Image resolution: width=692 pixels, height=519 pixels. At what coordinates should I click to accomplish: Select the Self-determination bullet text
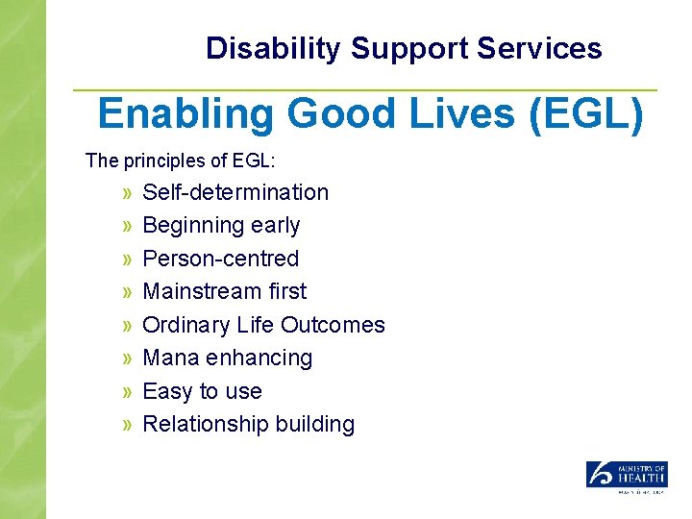point(235,192)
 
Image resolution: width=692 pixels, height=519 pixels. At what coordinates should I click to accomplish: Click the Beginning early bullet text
point(221,226)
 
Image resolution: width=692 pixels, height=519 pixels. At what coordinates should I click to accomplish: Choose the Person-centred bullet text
point(220,259)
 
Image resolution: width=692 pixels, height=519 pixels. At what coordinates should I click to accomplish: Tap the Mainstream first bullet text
point(224,291)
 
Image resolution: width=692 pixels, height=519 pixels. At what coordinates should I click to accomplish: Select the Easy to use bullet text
point(202,391)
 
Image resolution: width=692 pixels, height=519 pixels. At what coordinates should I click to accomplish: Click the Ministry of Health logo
point(627,477)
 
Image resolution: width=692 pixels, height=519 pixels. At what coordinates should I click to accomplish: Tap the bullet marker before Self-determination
point(128,193)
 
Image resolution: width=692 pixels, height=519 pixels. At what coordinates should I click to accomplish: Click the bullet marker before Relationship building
point(128,425)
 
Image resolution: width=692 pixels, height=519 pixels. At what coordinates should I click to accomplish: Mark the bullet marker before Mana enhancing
point(128,358)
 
